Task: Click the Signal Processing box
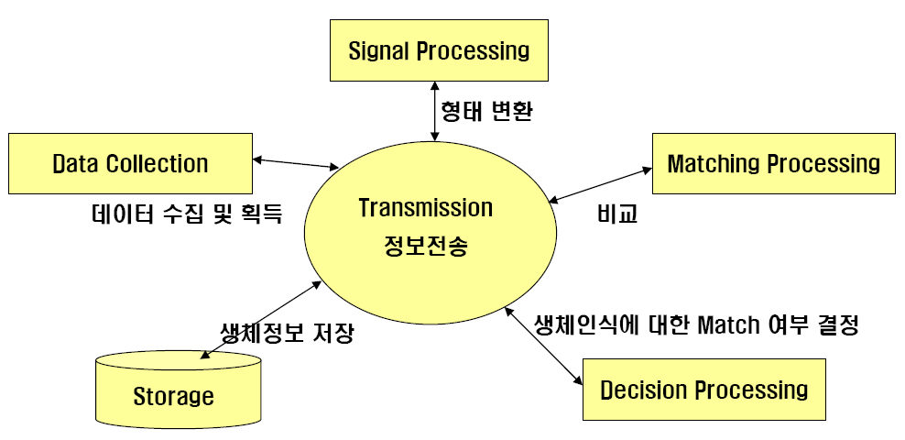pos(439,50)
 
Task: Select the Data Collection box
pos(130,163)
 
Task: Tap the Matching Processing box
pos(773,163)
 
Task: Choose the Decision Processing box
pos(704,390)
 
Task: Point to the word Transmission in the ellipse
pos(425,208)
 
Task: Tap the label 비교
pos(617,214)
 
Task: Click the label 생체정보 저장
pos(287,333)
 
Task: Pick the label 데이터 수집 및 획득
pos(187,214)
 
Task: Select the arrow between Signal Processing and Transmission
pos(434,111)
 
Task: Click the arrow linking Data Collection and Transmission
pos(296,163)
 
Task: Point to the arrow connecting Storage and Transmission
pos(260,320)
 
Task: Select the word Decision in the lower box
pos(642,390)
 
